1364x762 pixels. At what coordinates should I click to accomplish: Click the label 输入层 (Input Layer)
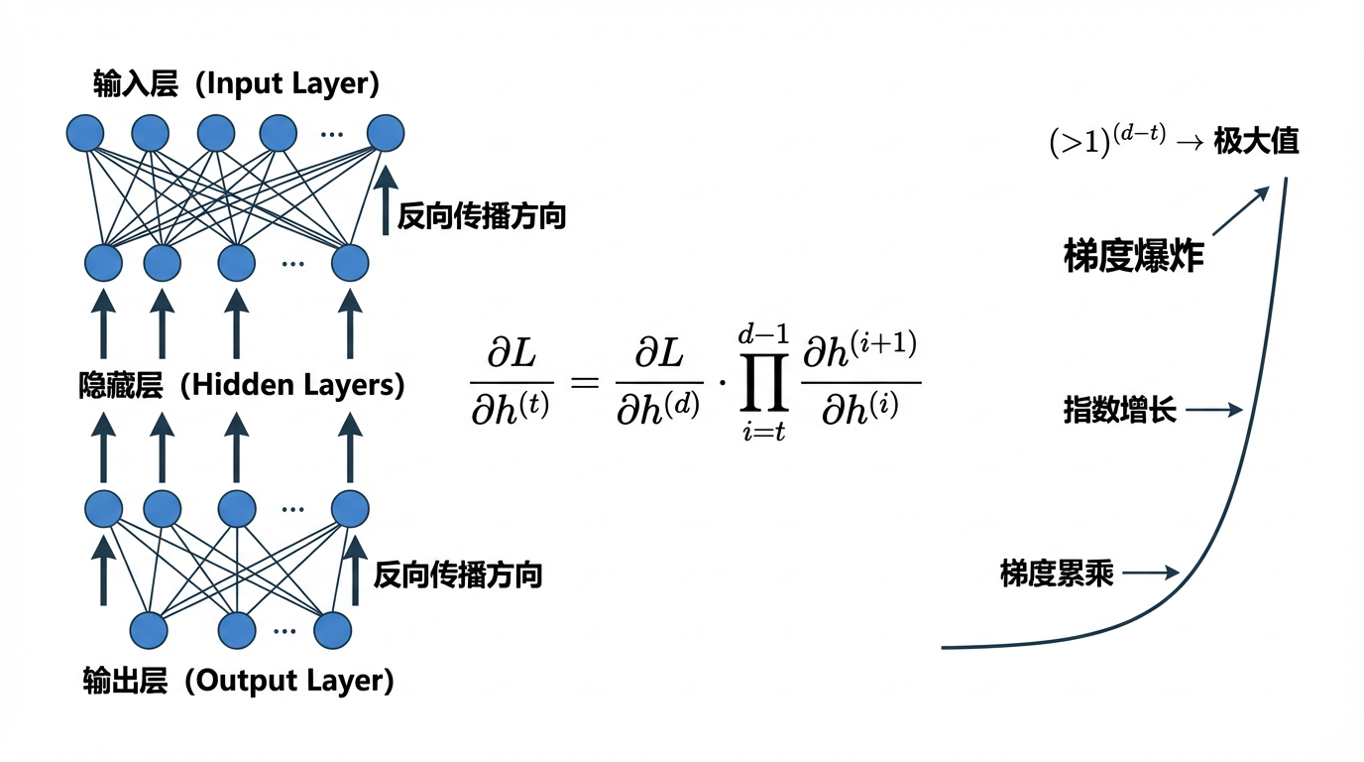(236, 83)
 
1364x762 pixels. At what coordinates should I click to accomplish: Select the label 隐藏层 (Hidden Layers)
(241, 385)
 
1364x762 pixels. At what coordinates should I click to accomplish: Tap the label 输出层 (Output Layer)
(238, 681)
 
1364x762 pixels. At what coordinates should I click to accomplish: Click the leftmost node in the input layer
(85, 133)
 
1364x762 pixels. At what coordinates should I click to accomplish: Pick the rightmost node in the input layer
(386, 133)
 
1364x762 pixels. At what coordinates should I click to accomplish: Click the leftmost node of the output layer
(150, 630)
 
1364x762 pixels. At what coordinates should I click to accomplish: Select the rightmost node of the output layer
(333, 630)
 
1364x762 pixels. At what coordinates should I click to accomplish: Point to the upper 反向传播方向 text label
(481, 216)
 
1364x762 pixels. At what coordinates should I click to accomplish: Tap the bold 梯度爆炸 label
(1134, 256)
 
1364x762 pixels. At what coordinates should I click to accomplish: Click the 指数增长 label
(1119, 410)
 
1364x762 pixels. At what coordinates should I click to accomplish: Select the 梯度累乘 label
(1057, 572)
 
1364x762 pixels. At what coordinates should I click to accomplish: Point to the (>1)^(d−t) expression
(1109, 142)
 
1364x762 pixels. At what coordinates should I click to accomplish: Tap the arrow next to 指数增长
(1214, 410)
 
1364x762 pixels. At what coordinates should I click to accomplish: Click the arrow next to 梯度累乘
(1151, 572)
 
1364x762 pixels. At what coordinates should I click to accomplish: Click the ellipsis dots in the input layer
(332, 134)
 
